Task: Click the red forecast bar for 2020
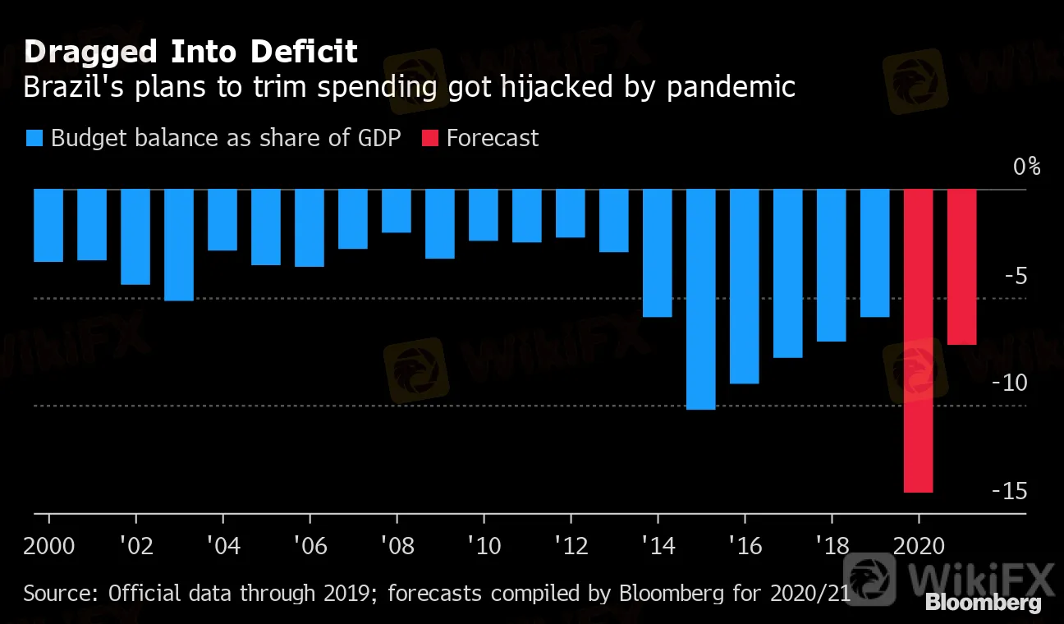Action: pos(918,341)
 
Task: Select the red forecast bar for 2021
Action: pos(961,267)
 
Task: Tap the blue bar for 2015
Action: pos(700,299)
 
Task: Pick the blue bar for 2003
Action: pos(179,245)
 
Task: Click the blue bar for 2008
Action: pos(397,211)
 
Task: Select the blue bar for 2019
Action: pos(874,253)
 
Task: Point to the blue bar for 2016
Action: pos(744,287)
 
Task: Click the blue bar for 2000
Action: pos(48,226)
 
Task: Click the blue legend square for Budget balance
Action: pos(34,138)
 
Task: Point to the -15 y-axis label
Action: pos(1009,490)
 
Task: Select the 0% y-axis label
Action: pos(1025,167)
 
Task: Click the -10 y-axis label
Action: pos(1009,383)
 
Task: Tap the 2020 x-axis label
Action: pos(918,546)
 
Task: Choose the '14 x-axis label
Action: pos(657,546)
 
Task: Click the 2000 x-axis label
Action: pos(49,546)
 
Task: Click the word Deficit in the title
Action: pos(305,52)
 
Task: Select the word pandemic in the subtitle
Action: pos(731,87)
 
